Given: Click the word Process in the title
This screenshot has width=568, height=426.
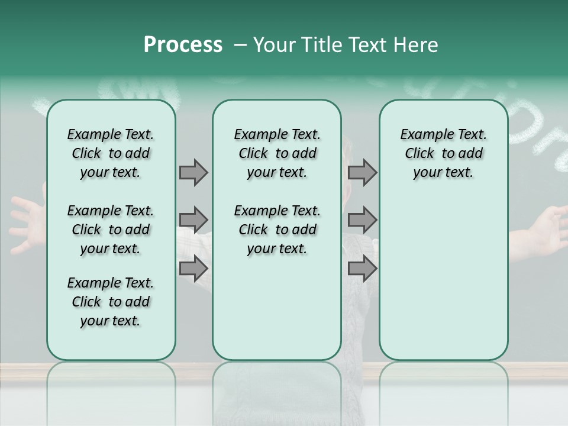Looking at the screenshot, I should coord(183,45).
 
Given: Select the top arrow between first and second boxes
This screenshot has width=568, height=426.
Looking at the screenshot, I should coord(193,172).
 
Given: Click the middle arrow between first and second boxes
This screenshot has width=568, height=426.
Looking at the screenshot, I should coord(193,220).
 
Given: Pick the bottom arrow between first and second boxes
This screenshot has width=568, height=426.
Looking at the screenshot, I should coord(193,268).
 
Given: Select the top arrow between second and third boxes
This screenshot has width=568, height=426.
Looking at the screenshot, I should coord(362,172).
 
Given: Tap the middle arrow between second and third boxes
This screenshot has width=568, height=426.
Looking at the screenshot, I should coord(362,220).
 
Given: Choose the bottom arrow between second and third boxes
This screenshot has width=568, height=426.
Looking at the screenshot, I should coord(362,268).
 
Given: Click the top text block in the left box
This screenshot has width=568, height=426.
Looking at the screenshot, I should coord(111,153).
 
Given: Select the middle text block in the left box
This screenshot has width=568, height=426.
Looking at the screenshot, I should coord(111,230).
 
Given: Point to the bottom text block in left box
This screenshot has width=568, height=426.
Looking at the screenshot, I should coord(111,302).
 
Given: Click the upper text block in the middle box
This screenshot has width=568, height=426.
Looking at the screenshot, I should coord(277,153).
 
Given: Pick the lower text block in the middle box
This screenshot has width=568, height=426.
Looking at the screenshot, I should coord(277,230).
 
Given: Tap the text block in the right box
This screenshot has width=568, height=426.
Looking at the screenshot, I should coord(443,153).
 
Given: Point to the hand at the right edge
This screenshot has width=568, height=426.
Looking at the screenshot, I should coord(547,228).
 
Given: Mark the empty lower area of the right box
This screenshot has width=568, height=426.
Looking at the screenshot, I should coord(443,278).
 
